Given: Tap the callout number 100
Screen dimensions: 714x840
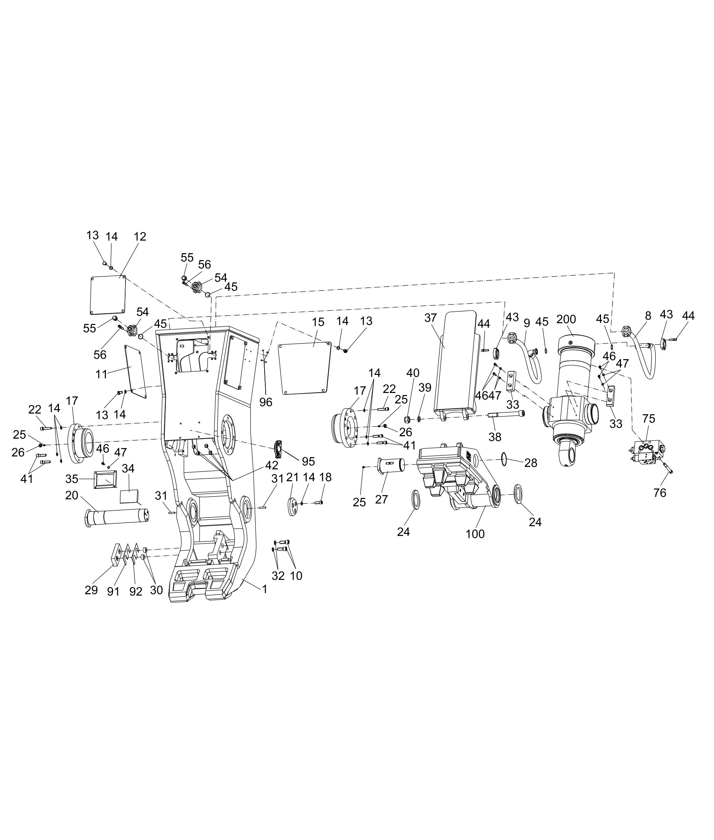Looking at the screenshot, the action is tap(475, 534).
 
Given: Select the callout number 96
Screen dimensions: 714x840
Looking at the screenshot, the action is tap(266, 402).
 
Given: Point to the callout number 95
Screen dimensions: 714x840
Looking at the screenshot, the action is tap(308, 461).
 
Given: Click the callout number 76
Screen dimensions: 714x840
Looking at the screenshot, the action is tap(660, 493).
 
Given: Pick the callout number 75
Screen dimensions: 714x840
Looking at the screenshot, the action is tap(648, 418).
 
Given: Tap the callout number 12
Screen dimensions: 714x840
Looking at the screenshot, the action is tap(140, 236).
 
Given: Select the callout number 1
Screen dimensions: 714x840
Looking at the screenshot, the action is tap(264, 589).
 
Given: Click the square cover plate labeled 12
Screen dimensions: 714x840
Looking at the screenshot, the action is tap(107, 295).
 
